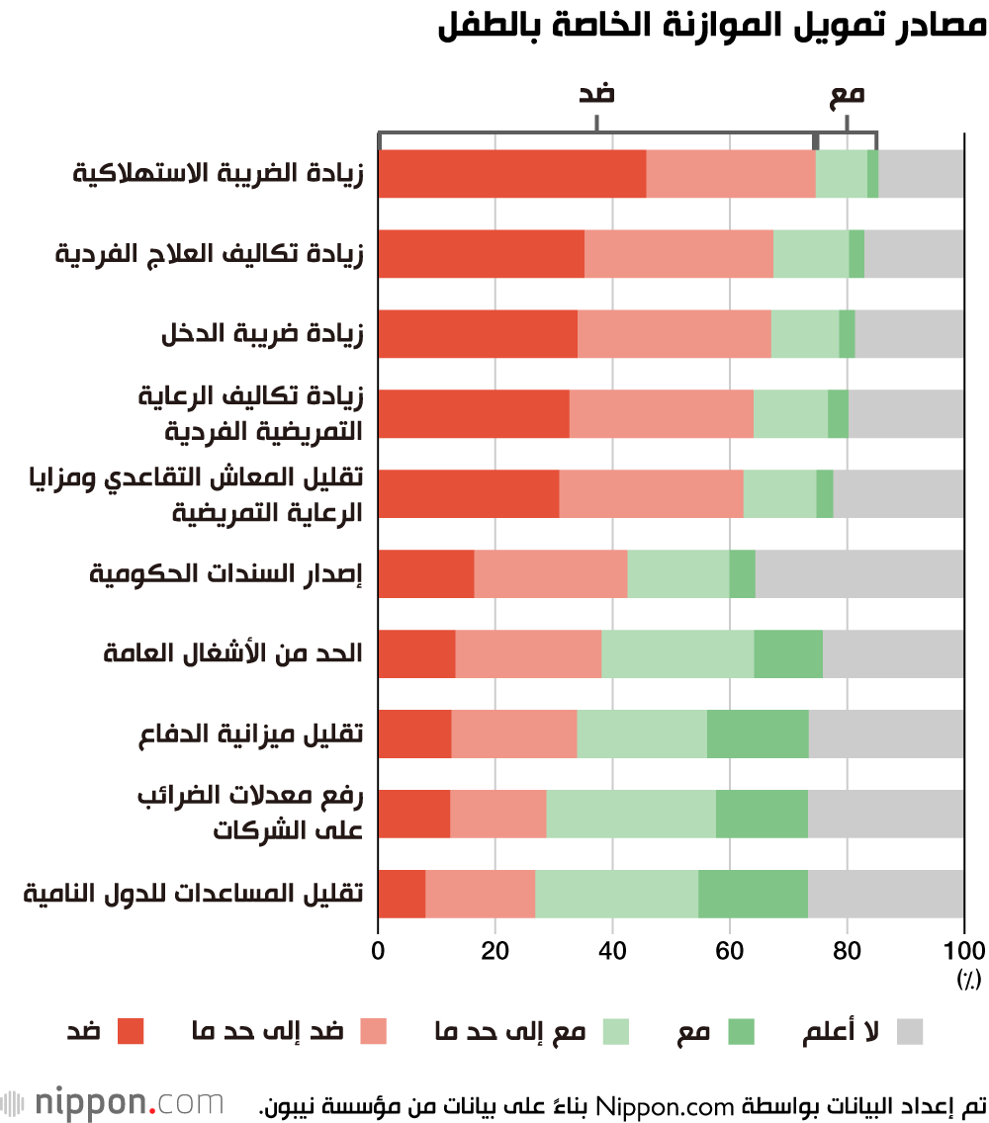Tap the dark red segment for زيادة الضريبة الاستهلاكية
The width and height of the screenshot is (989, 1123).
(x=512, y=174)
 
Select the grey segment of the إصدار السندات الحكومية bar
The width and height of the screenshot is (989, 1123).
(x=859, y=573)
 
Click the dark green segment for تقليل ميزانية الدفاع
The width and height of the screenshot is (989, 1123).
(x=758, y=734)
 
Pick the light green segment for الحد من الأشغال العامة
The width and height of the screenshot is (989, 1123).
(x=677, y=653)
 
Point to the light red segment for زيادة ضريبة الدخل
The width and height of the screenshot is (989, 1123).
(x=674, y=334)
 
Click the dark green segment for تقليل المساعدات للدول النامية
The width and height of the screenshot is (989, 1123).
(x=753, y=894)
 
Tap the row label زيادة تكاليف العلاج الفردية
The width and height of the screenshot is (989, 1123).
(x=209, y=254)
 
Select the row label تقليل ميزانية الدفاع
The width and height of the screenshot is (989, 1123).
(x=251, y=734)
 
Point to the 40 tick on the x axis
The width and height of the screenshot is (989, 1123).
(x=612, y=951)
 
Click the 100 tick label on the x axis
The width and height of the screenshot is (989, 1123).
(x=964, y=951)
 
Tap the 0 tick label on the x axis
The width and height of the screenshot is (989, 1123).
(x=379, y=951)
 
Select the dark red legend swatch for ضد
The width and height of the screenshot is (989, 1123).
(x=131, y=1032)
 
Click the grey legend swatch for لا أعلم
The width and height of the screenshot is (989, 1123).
(x=910, y=1032)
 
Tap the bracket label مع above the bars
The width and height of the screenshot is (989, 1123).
(x=847, y=95)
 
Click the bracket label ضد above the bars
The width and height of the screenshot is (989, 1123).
(x=596, y=95)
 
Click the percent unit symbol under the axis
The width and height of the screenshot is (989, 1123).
(x=966, y=979)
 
